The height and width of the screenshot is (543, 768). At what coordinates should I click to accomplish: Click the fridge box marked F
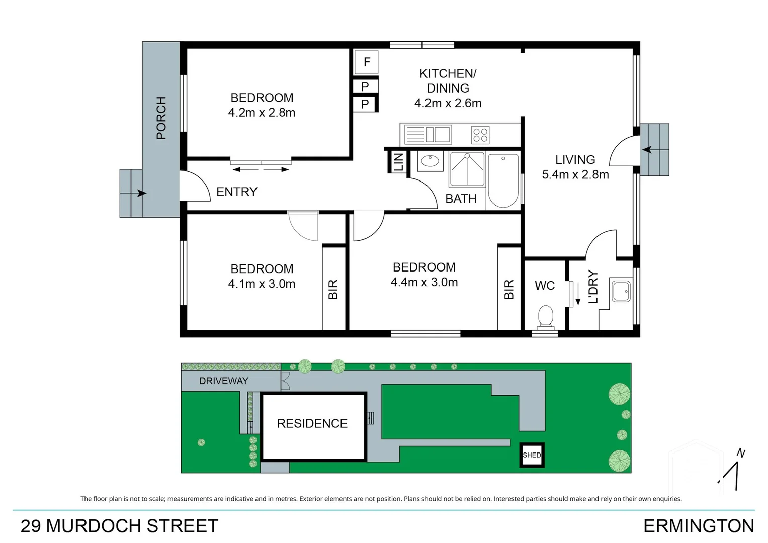click(366, 62)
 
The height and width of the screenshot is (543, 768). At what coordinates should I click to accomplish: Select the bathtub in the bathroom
click(503, 180)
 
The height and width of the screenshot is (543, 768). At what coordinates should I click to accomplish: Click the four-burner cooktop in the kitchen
click(480, 135)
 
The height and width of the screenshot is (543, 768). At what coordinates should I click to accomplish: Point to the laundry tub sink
click(621, 291)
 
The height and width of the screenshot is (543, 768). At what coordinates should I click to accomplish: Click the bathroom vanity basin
click(430, 161)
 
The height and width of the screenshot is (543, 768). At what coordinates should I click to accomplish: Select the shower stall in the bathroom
click(467, 168)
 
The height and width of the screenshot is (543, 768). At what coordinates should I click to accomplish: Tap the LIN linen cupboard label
click(398, 162)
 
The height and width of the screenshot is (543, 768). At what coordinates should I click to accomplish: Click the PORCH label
click(161, 118)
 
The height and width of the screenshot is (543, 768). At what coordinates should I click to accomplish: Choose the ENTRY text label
click(236, 192)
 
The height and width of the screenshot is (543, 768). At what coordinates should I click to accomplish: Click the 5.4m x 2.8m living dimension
click(575, 174)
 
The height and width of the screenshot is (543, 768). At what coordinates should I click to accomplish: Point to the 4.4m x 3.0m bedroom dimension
click(424, 282)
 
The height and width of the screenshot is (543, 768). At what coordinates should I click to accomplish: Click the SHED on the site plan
click(532, 455)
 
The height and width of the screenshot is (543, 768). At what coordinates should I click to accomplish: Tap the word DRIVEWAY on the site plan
click(223, 381)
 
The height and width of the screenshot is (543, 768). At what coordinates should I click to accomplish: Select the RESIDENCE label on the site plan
click(312, 423)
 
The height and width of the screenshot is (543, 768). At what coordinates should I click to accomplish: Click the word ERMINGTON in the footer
click(698, 526)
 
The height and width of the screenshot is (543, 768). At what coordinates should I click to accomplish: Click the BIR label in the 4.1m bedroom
click(333, 290)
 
